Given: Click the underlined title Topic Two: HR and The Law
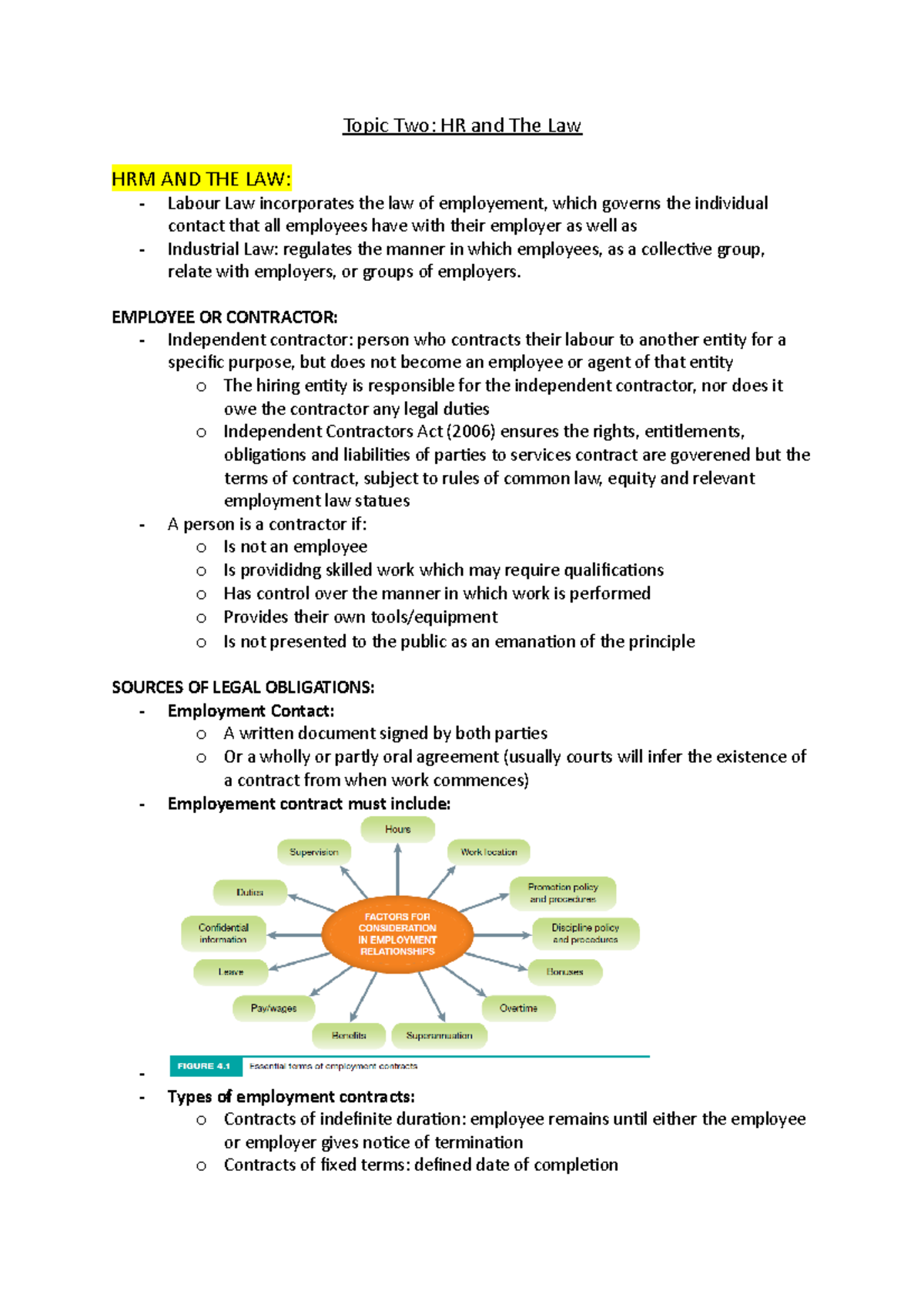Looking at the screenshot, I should coord(462,125).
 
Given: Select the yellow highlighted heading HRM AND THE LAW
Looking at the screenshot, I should coord(201,179).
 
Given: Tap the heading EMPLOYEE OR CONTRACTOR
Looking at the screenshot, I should coord(224,317).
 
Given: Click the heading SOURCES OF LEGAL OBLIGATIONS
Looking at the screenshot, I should coord(243,687).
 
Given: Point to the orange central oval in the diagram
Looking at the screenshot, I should coord(397,934).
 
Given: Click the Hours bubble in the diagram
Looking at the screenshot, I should coord(397,829).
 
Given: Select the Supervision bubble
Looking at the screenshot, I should coord(313,852).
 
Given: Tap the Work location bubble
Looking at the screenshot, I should coord(488,852).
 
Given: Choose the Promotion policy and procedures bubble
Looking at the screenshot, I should coord(563,893).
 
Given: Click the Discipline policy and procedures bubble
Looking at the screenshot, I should coord(585,934).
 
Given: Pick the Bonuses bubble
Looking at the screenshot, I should coord(564,972).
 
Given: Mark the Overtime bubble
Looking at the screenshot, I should coord(518,1008).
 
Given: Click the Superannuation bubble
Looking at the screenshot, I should coord(439,1036).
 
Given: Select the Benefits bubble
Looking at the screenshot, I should coord(349,1036).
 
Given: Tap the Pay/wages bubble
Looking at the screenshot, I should coord(273,1008).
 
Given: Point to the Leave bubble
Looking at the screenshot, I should coord(230,972).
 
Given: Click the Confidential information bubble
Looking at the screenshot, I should coord(223,934).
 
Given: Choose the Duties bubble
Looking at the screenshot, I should coord(249,893).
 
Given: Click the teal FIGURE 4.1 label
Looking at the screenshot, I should coord(204,1066).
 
